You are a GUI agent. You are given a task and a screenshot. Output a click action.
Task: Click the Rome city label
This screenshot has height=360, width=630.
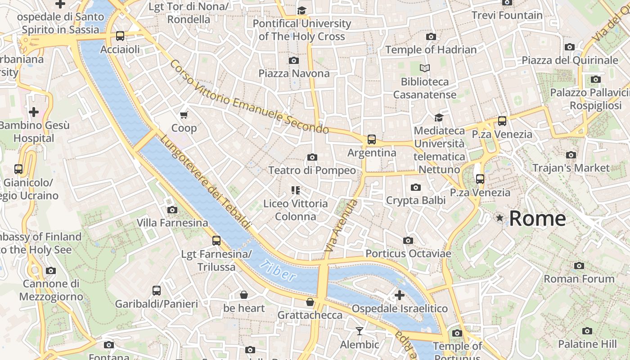tap(537, 219)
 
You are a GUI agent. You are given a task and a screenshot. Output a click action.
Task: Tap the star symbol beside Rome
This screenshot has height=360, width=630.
tap(499, 218)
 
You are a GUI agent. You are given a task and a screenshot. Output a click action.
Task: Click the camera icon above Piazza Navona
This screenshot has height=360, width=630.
tap(294, 60)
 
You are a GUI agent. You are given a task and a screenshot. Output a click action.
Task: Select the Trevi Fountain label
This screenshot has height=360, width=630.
tap(507, 15)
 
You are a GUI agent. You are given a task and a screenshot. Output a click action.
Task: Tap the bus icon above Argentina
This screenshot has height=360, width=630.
tap(371, 139)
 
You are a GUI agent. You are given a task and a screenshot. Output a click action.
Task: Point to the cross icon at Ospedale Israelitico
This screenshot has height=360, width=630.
tap(399, 296)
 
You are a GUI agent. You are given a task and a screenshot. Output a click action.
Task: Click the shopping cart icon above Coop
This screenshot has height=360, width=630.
tap(184, 115)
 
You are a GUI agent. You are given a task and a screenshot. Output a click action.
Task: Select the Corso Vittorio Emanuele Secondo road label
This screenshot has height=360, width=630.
tap(249, 97)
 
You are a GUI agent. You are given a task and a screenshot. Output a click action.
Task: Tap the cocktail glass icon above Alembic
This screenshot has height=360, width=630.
tap(359, 332)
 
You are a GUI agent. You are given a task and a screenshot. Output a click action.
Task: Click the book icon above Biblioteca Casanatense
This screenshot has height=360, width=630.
tap(424, 68)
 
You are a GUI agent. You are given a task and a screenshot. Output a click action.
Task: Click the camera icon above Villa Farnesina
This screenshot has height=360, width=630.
tap(172, 210)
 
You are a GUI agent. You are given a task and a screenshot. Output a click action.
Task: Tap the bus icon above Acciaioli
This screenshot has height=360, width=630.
tap(120, 36)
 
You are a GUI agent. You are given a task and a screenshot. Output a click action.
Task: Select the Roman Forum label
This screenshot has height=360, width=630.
tap(579, 279)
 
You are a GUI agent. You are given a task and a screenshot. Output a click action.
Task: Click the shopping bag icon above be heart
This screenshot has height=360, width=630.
tap(243, 295)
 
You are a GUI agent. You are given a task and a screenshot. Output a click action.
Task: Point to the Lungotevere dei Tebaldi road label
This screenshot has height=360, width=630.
tap(205, 182)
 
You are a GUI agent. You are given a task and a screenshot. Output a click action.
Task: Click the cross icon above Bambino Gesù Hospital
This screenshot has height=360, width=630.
tap(33, 112)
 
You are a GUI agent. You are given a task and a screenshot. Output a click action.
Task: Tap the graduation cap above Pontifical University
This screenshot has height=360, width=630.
tap(301, 10)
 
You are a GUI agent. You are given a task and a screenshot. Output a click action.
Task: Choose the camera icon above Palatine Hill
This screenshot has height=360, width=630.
tap(587, 331)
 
